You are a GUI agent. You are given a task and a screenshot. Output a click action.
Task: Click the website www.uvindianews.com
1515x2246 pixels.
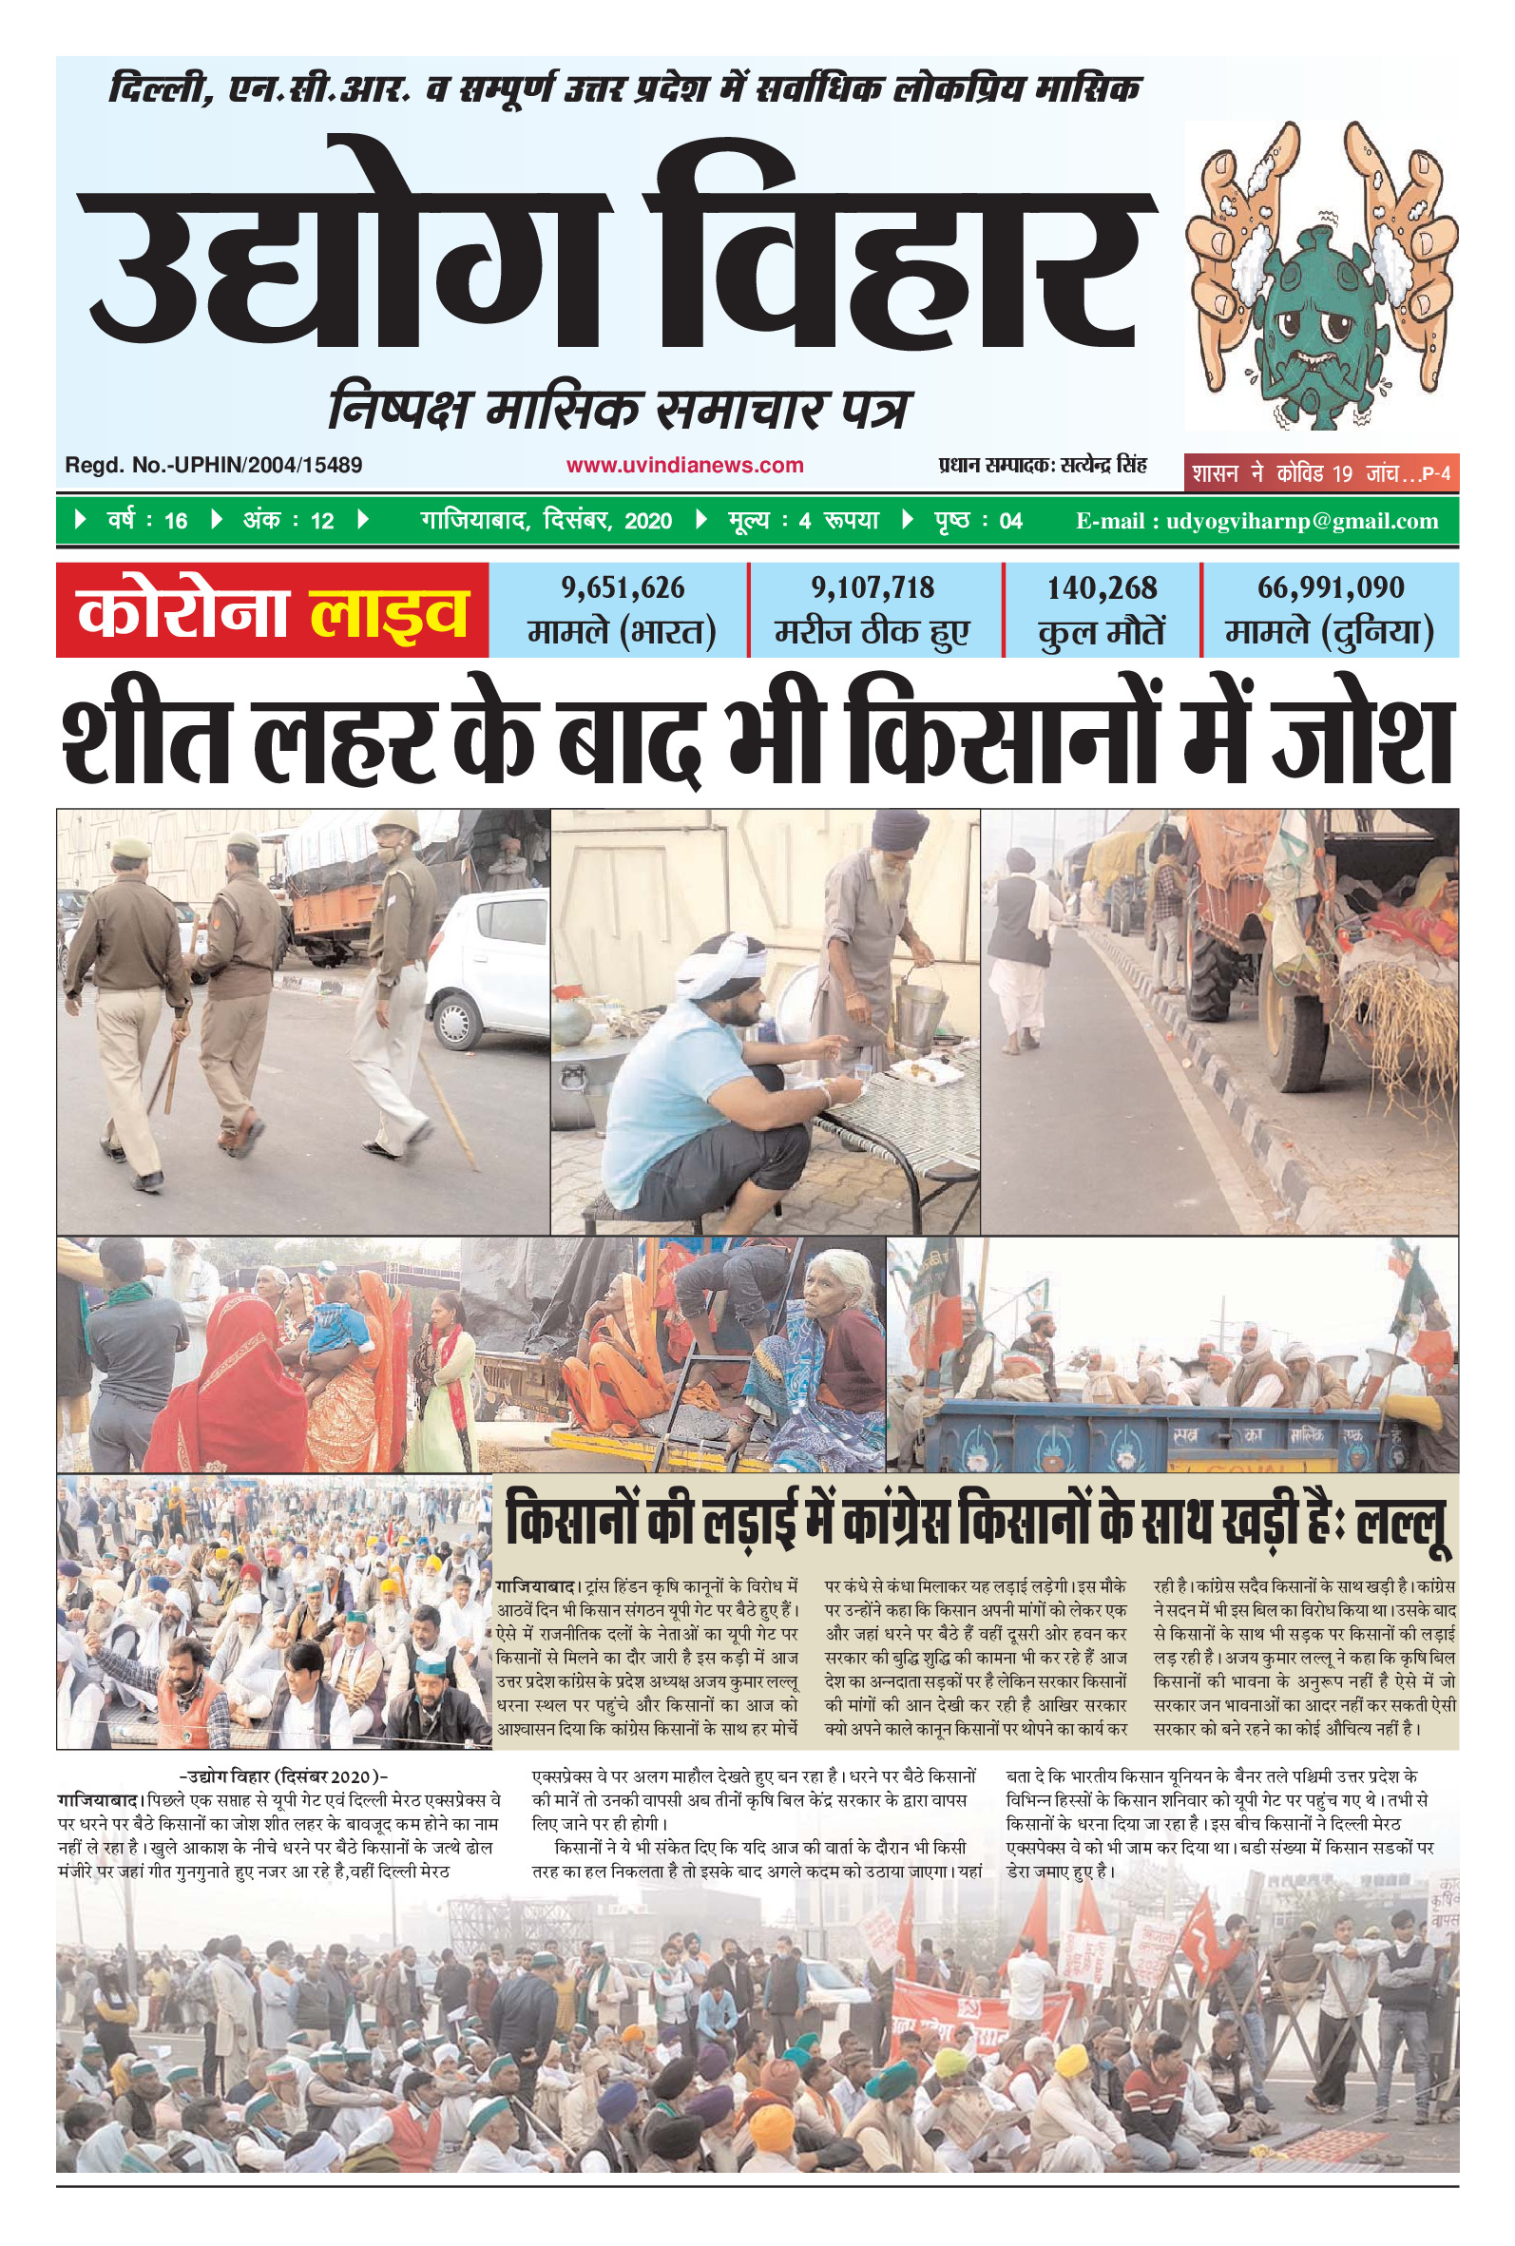(x=684, y=466)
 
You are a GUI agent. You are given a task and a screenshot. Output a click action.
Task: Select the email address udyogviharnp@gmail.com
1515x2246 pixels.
(x=1302, y=522)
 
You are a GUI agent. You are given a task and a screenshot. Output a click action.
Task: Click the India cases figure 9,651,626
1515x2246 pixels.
(x=623, y=587)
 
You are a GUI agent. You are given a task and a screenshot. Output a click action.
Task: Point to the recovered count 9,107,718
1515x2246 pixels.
(x=873, y=587)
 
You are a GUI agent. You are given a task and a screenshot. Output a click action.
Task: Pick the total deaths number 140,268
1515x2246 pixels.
(x=1102, y=587)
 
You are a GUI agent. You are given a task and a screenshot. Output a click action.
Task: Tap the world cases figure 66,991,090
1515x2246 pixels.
(x=1331, y=587)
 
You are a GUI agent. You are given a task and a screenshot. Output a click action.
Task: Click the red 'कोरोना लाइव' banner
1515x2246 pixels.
(x=273, y=611)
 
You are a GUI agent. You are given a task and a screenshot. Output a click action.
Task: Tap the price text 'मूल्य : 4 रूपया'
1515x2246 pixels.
(x=802, y=522)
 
